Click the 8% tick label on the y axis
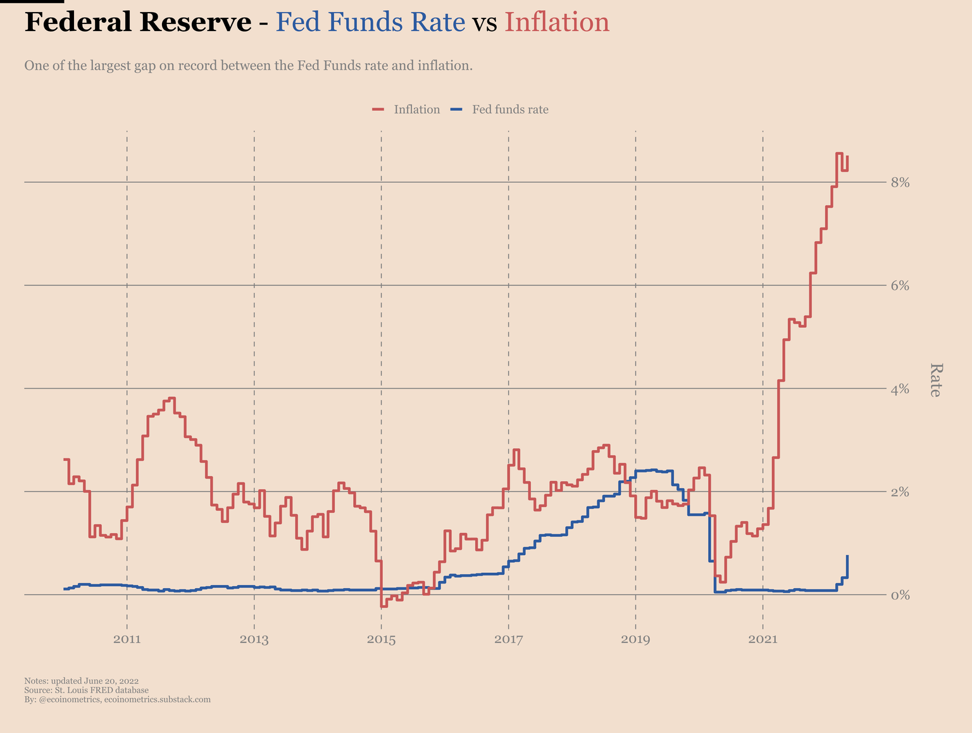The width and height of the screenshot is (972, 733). [x=900, y=182]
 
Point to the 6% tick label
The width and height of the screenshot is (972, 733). [x=900, y=285]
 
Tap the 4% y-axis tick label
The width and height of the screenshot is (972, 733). [x=900, y=389]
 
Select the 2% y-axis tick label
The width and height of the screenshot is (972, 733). [x=900, y=492]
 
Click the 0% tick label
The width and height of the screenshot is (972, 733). [x=900, y=595]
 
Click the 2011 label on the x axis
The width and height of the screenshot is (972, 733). [x=127, y=639]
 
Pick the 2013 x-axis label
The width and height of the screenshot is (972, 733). [x=254, y=639]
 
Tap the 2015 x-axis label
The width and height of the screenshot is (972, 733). [x=381, y=639]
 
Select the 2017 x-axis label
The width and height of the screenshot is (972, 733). [x=508, y=639]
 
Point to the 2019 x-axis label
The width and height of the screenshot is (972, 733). [x=635, y=639]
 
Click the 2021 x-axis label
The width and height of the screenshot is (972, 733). [x=763, y=639]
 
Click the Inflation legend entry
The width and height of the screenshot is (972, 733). [x=416, y=110]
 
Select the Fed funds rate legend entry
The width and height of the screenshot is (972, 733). [x=510, y=110]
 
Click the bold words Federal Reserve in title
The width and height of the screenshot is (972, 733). [x=138, y=22]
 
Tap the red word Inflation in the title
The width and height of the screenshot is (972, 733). [x=557, y=22]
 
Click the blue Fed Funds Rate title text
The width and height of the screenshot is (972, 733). [x=371, y=22]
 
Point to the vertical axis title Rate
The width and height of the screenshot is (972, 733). [x=936, y=380]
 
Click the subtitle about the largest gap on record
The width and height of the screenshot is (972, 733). [x=248, y=65]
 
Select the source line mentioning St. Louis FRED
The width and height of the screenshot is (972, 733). [x=86, y=690]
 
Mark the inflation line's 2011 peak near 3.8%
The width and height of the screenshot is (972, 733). [x=171, y=398]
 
